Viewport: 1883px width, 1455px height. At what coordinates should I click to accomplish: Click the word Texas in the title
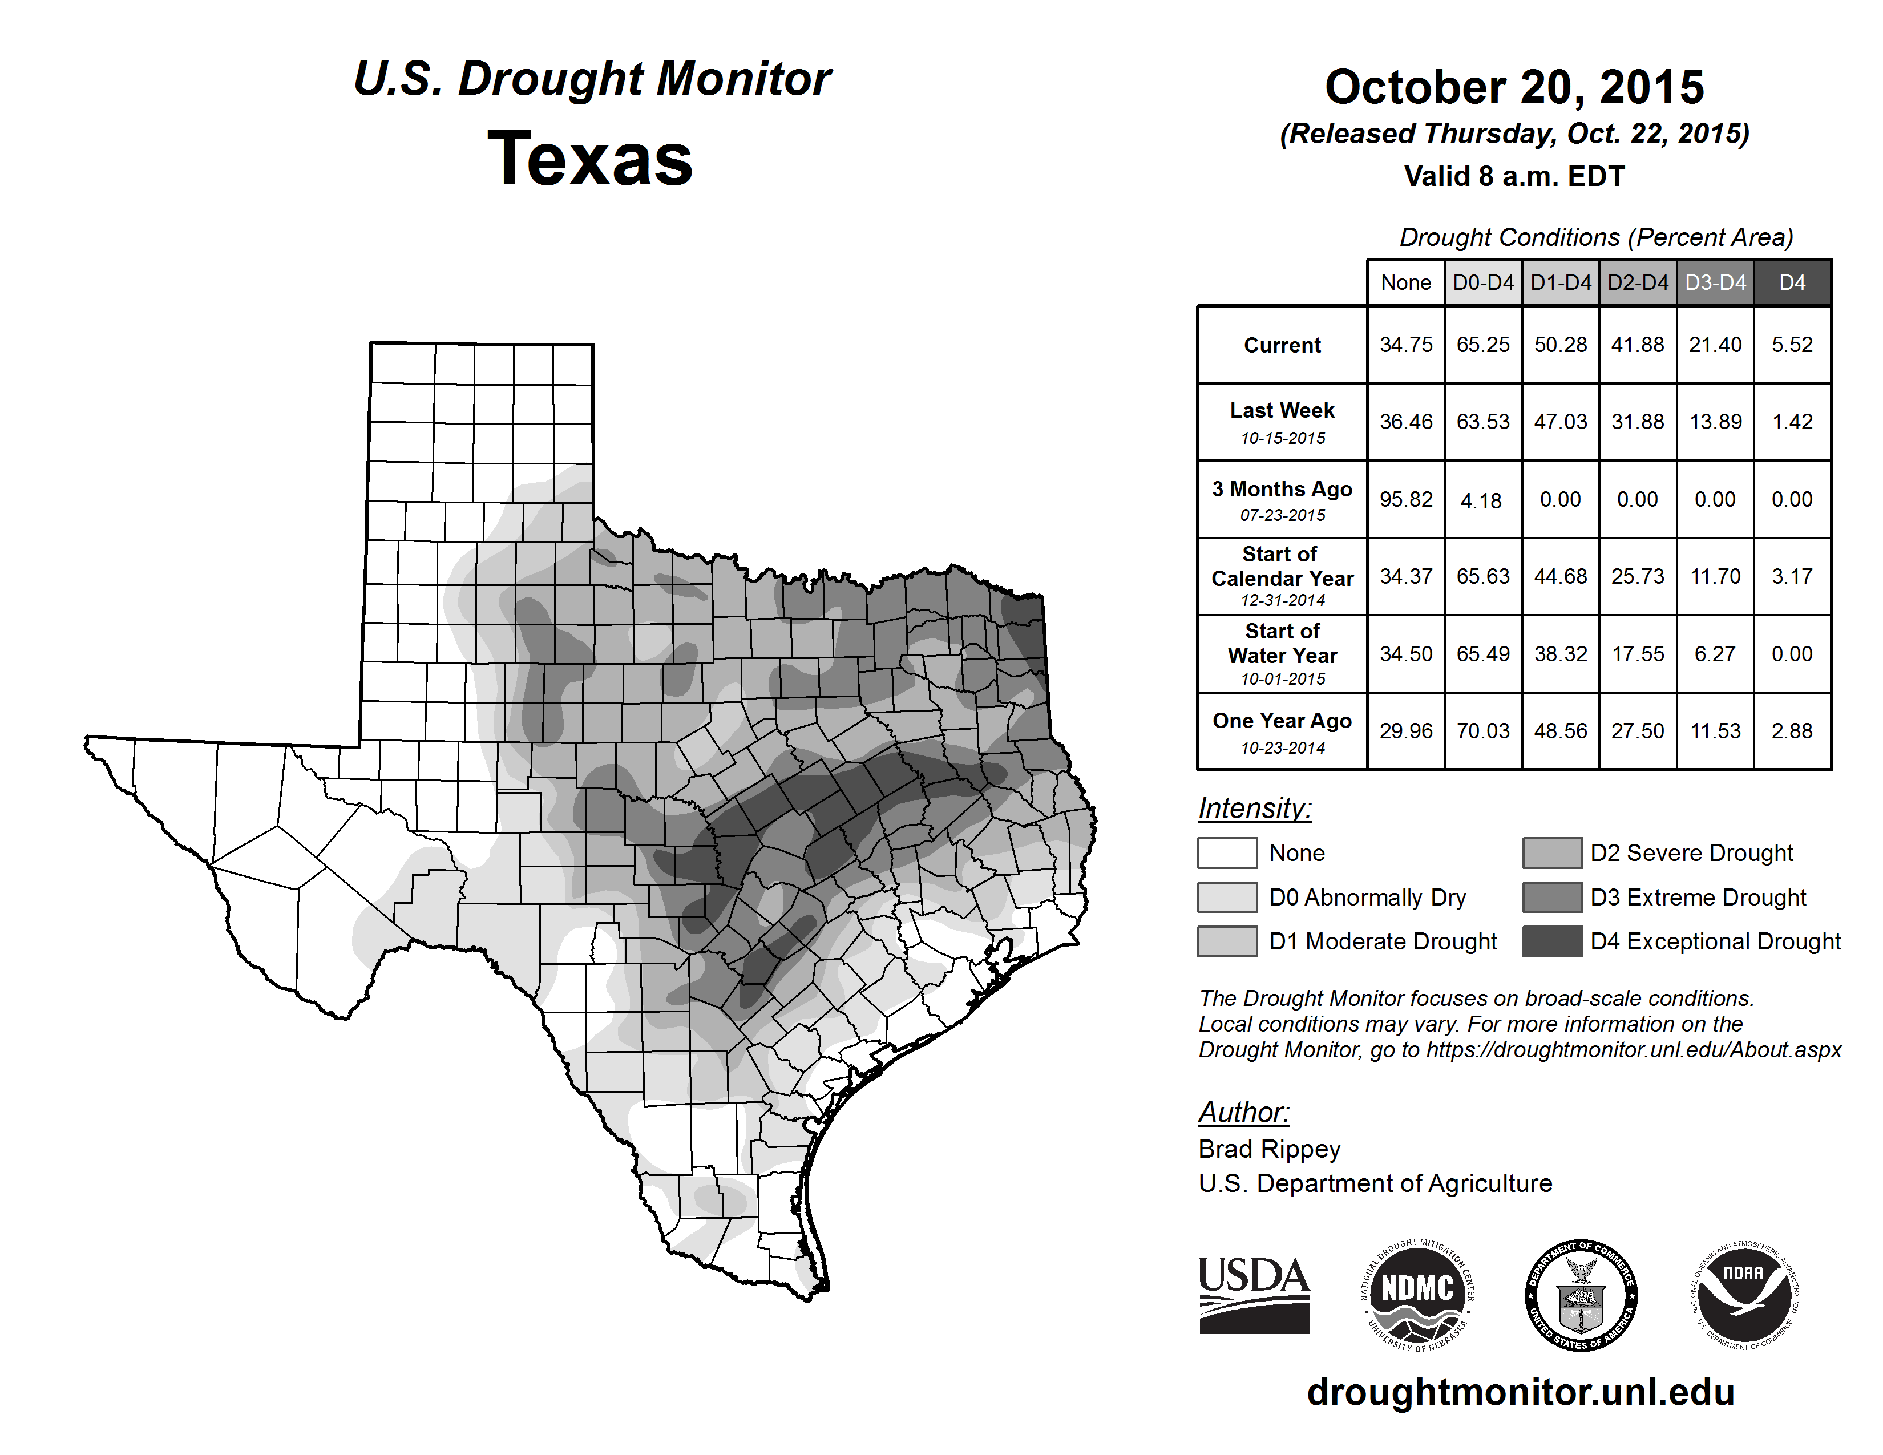(590, 159)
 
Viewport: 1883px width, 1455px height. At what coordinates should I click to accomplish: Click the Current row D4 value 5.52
(1792, 345)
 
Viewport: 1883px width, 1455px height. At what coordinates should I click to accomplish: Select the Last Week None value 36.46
(1405, 422)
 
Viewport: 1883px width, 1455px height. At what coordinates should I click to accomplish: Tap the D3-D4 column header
(1715, 282)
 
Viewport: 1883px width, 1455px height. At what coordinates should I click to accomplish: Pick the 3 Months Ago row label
(1282, 500)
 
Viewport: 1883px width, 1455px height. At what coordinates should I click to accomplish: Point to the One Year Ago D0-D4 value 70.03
(1483, 731)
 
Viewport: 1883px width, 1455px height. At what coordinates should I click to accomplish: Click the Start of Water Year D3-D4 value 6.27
(1715, 654)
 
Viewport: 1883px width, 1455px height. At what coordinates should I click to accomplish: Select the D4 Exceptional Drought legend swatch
(1552, 941)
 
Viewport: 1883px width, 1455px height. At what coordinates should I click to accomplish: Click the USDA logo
(1254, 1295)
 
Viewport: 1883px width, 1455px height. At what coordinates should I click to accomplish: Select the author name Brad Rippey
(1269, 1149)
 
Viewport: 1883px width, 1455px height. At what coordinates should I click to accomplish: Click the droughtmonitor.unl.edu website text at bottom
(1521, 1392)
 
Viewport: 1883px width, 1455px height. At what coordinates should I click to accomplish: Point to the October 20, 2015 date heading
(1514, 87)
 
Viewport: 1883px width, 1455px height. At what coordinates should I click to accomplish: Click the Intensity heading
(1254, 809)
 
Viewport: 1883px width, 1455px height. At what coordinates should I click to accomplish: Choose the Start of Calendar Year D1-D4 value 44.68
(1559, 577)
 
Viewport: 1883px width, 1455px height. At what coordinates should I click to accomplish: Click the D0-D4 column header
(1483, 282)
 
